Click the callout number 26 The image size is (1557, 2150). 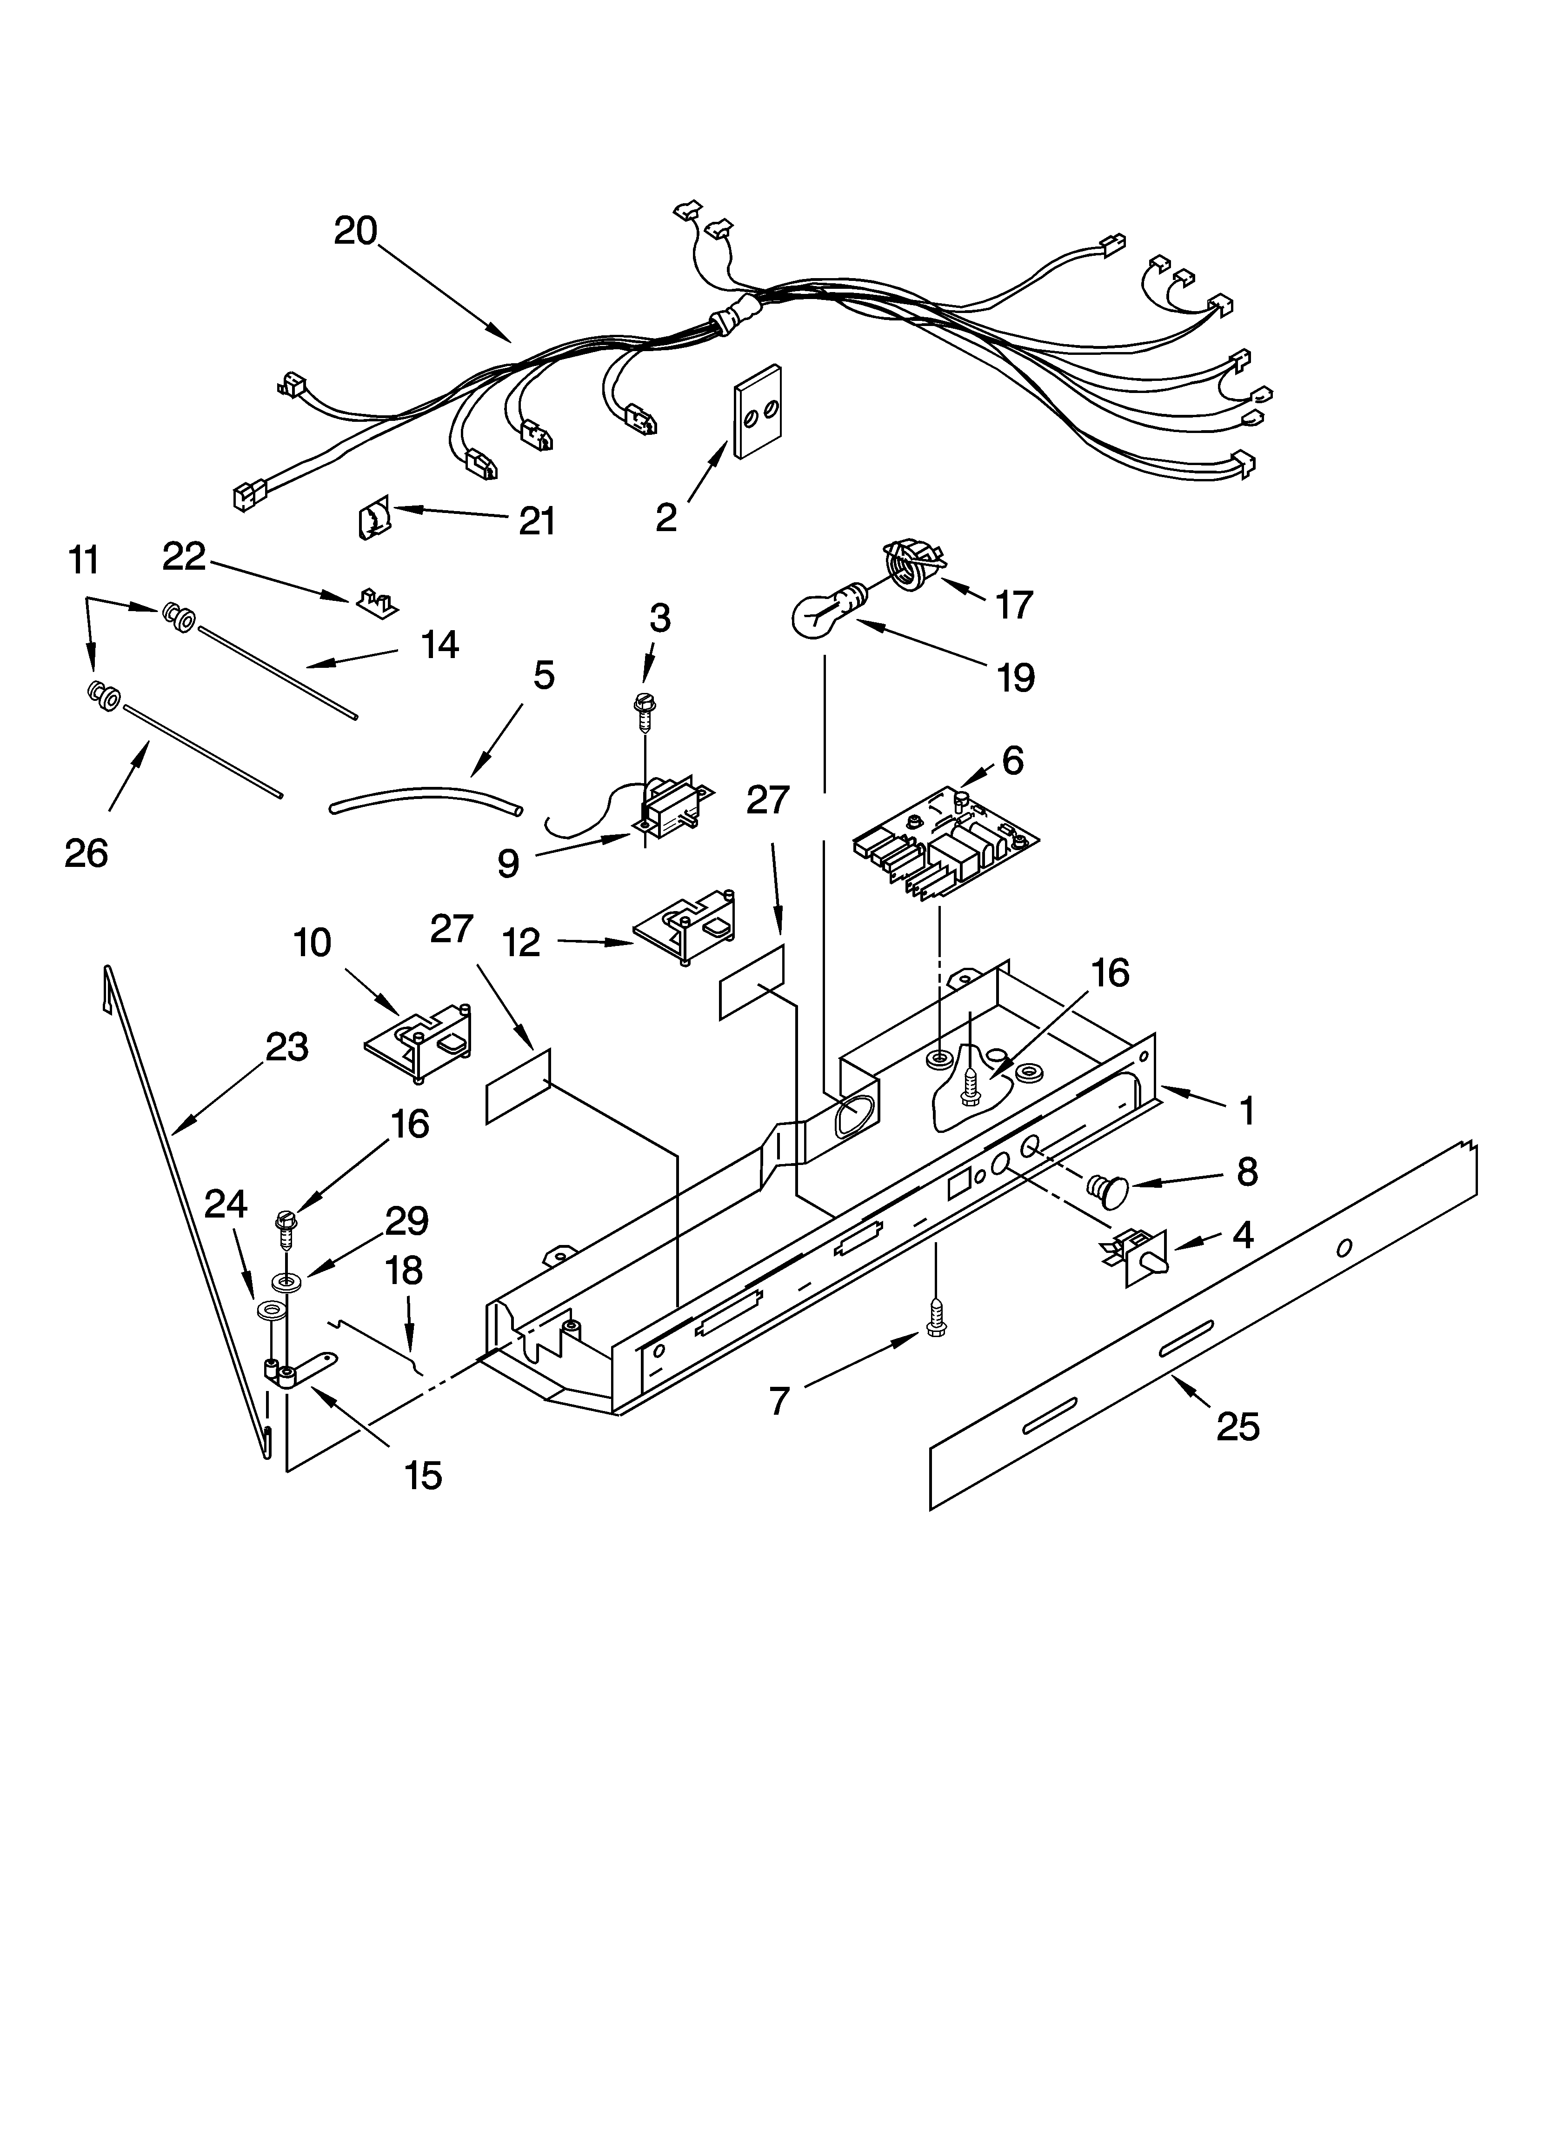[86, 853]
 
